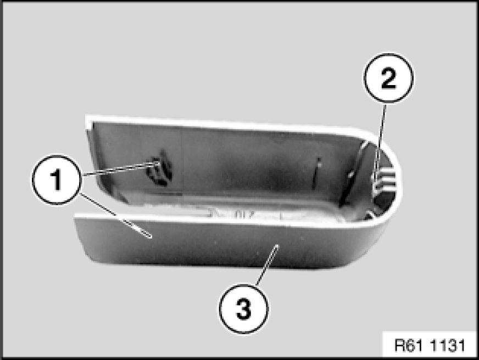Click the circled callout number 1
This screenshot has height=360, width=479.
coord(57,179)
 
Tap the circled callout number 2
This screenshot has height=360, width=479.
coord(388,78)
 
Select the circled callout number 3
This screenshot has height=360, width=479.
coord(243,309)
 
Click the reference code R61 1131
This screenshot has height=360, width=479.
coord(430,345)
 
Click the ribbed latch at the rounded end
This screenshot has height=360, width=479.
coord(385,181)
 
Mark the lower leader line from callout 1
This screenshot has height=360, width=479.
coord(115,215)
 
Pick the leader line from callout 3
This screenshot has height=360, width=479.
coord(266,265)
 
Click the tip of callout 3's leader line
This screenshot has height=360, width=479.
coord(277,246)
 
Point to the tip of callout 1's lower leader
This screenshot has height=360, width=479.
coord(151,237)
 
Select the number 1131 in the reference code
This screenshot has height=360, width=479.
coord(447,345)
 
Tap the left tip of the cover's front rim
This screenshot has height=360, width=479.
coord(75,215)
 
